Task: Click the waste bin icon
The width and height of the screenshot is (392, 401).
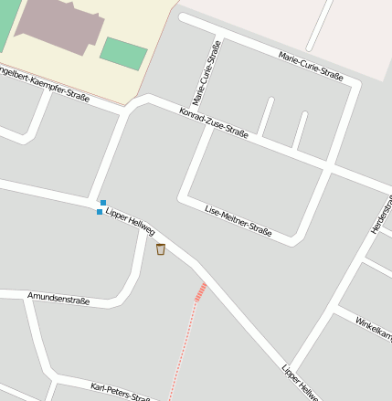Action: [x=161, y=248]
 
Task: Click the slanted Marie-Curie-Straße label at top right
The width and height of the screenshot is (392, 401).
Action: [x=311, y=66]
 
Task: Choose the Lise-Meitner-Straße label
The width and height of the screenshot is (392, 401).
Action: [x=238, y=219]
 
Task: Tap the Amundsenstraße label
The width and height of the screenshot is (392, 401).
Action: [x=58, y=298]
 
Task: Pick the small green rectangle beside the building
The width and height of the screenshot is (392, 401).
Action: [x=122, y=53]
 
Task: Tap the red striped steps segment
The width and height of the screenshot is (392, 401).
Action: [x=200, y=291]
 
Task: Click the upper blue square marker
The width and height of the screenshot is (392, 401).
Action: [x=103, y=203]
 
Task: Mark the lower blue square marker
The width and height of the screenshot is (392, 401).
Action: [x=100, y=212]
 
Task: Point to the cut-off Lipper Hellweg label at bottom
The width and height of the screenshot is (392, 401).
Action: [x=301, y=384]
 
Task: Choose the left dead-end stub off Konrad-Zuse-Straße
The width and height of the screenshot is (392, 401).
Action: [x=265, y=117]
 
